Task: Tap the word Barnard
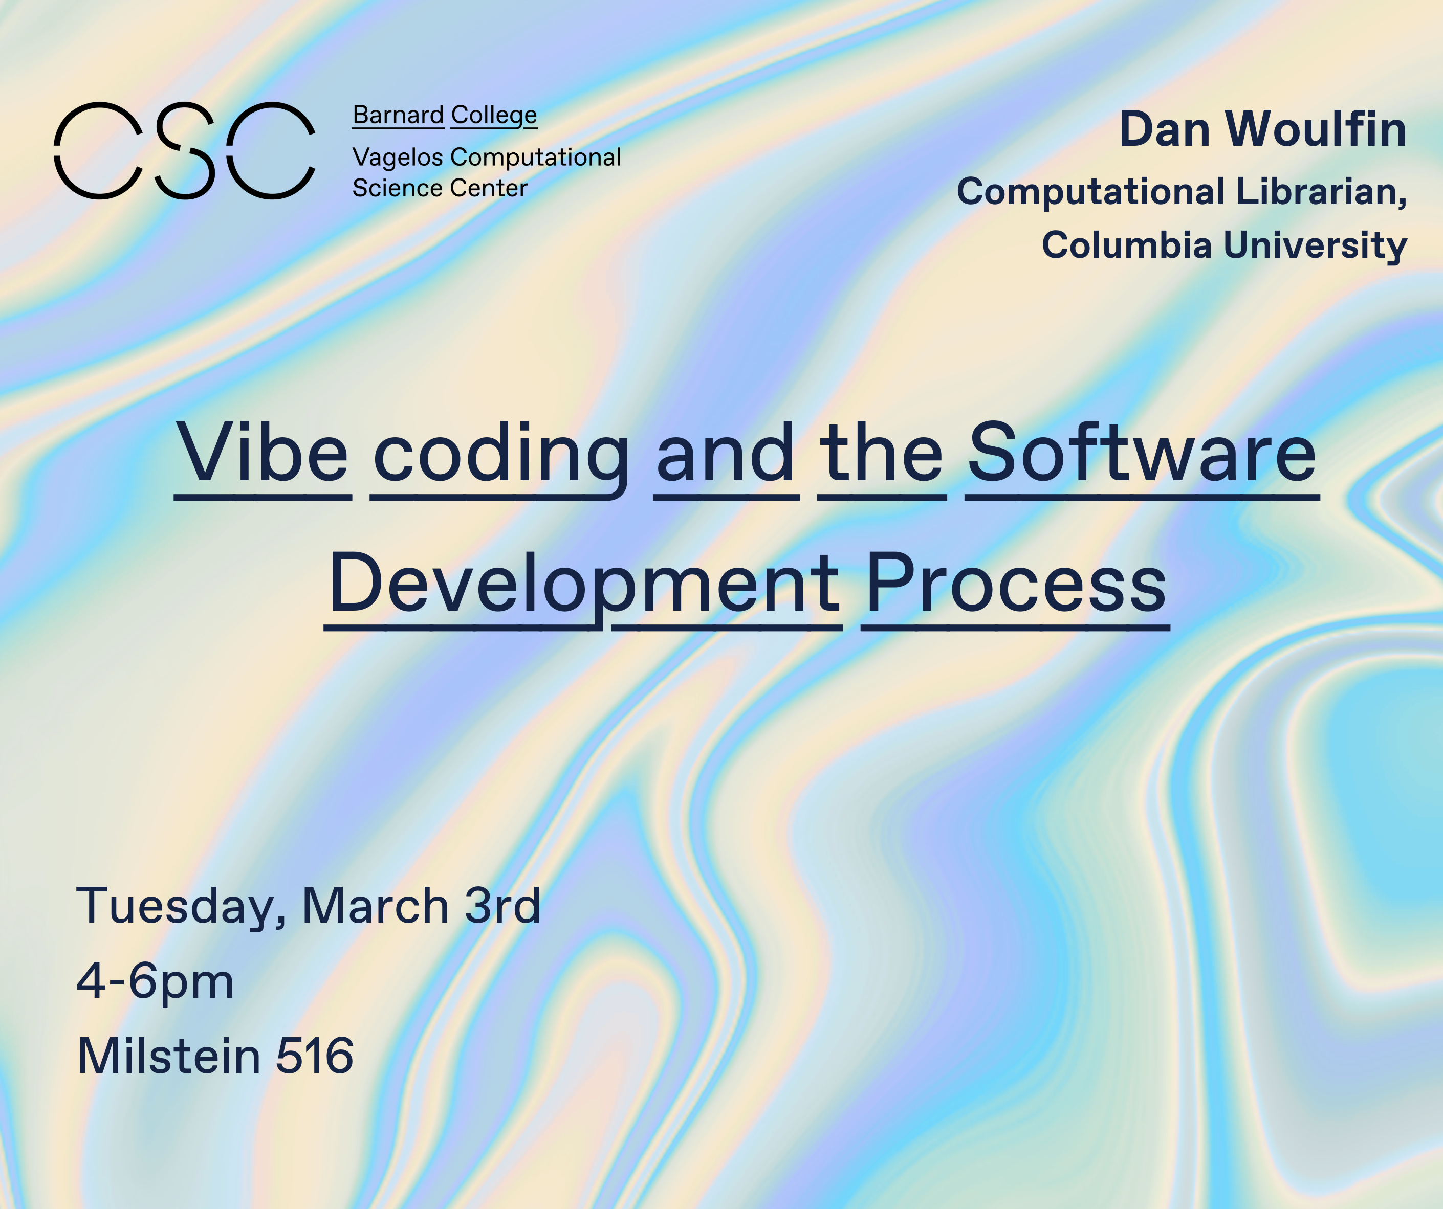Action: pyautogui.click(x=399, y=115)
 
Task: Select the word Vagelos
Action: pyautogui.click(x=398, y=158)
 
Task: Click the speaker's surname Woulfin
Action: pyautogui.click(x=1316, y=129)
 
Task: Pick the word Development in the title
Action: pyautogui.click(x=583, y=585)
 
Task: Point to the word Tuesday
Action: pyautogui.click(x=180, y=907)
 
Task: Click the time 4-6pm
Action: pyautogui.click(x=155, y=981)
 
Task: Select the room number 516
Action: pyautogui.click(x=315, y=1056)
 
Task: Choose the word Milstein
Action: pyautogui.click(x=169, y=1056)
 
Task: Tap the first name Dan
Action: pyautogui.click(x=1165, y=129)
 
